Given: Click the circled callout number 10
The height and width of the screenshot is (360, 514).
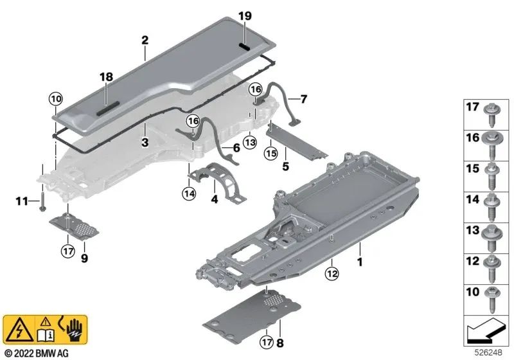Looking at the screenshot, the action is point(56,99).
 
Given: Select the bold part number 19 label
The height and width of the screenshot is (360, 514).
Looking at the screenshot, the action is point(245,15).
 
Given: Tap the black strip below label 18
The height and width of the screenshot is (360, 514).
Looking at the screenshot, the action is point(108,108).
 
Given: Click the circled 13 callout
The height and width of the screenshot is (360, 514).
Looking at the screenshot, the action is point(250,143).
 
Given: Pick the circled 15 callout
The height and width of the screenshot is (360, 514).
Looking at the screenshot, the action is point(271,154).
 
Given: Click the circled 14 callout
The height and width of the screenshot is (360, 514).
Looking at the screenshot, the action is point(189,194).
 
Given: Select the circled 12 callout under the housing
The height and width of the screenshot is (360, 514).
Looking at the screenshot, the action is point(332,273).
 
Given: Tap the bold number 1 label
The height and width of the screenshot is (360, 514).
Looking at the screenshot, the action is point(360,262).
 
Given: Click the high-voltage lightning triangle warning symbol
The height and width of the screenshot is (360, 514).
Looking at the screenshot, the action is point(19,330).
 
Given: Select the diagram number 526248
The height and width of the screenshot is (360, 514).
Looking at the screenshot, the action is point(488,352).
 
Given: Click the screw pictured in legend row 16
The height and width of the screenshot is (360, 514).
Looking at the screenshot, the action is point(491,145).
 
